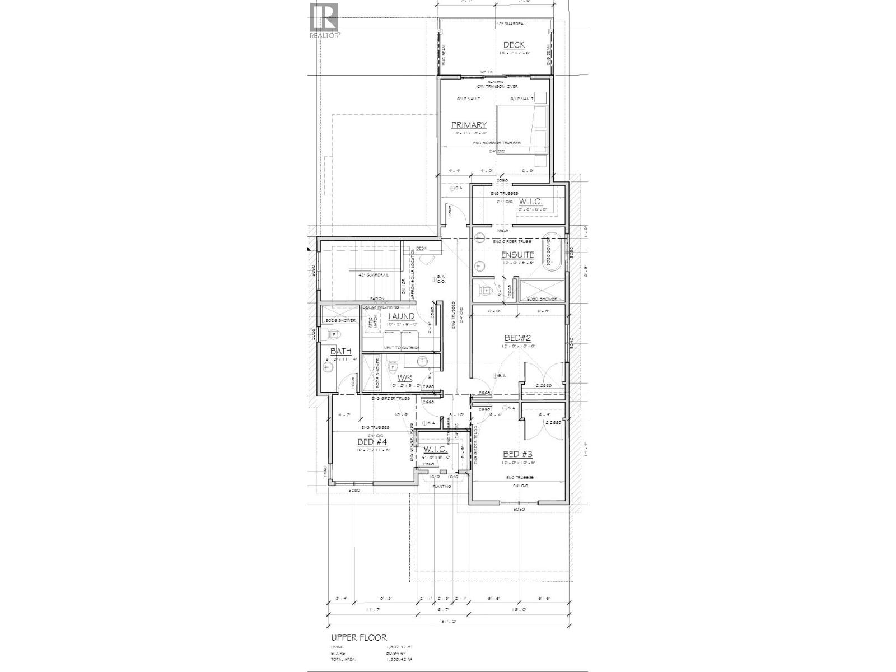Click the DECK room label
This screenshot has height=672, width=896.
[x=514, y=45]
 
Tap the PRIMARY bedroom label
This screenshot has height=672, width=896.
[x=469, y=125]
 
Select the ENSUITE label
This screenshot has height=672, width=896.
[x=517, y=255]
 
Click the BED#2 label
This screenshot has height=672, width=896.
[x=517, y=338]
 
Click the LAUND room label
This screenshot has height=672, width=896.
[x=401, y=316]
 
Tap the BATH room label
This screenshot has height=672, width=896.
[x=340, y=351]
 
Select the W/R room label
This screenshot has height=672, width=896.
[x=404, y=378]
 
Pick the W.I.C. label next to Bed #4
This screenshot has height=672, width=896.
[x=435, y=449]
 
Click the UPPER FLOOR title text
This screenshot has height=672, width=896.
[x=358, y=637]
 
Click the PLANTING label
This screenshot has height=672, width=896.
[x=441, y=486]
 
